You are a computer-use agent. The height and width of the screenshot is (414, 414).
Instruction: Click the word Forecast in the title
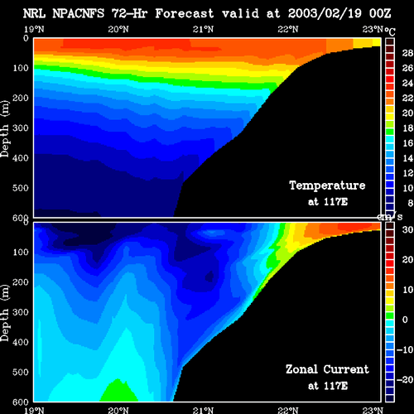[185, 13]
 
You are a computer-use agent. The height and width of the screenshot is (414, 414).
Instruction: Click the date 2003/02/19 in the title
[325, 13]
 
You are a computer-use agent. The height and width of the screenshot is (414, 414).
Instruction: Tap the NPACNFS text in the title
[79, 13]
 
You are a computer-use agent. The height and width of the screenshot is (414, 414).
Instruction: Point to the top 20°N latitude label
[118, 29]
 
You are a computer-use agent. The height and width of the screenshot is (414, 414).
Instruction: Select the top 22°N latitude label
[288, 29]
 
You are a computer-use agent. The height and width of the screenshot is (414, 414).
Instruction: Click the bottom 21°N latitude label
[203, 410]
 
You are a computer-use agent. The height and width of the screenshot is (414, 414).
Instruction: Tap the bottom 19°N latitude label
[34, 410]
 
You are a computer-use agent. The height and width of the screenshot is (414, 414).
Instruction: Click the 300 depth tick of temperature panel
[21, 128]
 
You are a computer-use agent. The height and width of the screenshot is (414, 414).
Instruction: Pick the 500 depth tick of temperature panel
[21, 188]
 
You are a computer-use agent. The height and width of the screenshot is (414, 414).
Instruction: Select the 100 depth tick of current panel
[21, 252]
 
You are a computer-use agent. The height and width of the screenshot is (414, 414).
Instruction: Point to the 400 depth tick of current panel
[21, 342]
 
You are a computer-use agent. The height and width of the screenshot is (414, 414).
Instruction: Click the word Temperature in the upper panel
[327, 185]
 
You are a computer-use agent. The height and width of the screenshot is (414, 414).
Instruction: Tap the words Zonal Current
[327, 369]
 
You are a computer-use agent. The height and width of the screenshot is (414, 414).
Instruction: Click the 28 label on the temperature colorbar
[407, 53]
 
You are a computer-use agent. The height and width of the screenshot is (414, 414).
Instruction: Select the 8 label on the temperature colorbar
[410, 203]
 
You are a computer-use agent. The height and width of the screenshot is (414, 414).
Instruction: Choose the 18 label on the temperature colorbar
[407, 128]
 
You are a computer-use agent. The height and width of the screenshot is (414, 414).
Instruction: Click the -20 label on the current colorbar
[405, 380]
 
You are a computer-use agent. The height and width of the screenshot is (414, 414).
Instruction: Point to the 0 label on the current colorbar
[405, 320]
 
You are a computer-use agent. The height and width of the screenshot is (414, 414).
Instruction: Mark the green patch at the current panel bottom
[118, 391]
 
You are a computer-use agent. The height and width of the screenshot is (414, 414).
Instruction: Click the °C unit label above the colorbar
[390, 31]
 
